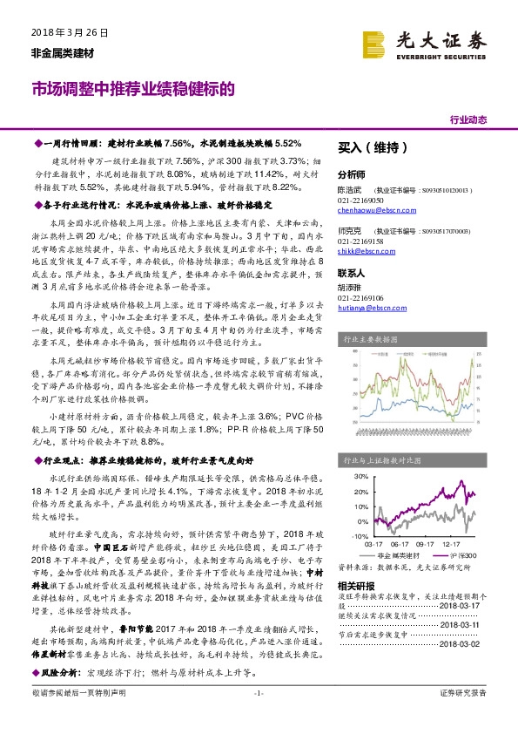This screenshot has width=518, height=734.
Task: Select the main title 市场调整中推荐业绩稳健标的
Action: pyautogui.click(x=133, y=89)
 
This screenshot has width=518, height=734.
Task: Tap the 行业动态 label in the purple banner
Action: pyautogui.click(x=467, y=119)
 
